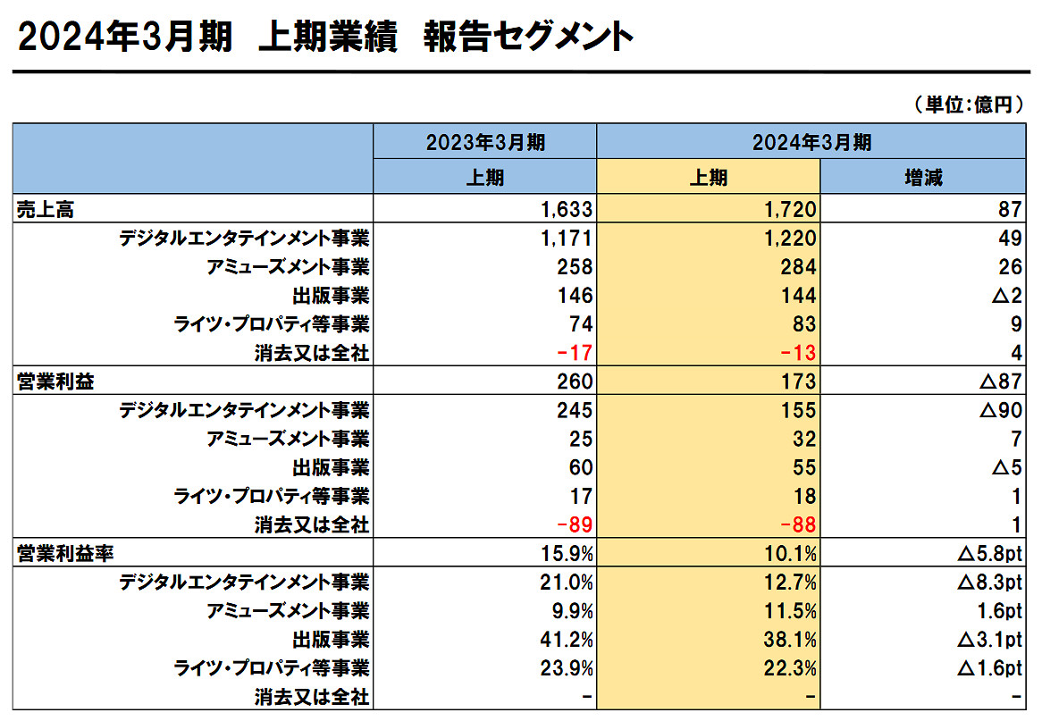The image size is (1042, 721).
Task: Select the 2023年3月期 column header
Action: tap(484, 141)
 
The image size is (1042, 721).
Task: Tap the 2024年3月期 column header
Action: tap(811, 141)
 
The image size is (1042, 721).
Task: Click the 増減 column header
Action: tap(923, 177)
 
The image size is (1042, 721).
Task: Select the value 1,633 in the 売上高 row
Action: tap(567, 210)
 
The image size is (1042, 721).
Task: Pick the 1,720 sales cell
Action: tap(790, 210)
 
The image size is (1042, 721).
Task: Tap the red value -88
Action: tap(797, 525)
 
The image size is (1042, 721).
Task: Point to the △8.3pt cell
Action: tap(988, 583)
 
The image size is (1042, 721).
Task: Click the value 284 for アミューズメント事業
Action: tap(798, 267)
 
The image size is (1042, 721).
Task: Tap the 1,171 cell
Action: tap(567, 239)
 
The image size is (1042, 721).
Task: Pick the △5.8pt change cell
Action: tap(988, 554)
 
